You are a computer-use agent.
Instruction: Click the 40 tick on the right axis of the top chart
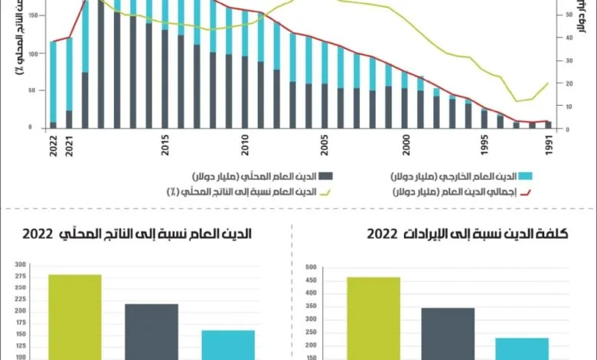pos(568,38)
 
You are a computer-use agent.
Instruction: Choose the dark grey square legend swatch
pos(325,175)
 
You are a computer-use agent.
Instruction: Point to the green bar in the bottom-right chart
pos(373,317)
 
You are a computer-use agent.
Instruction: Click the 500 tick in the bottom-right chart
pos(310,267)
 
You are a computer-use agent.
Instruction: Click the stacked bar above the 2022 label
pos(53,84)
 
